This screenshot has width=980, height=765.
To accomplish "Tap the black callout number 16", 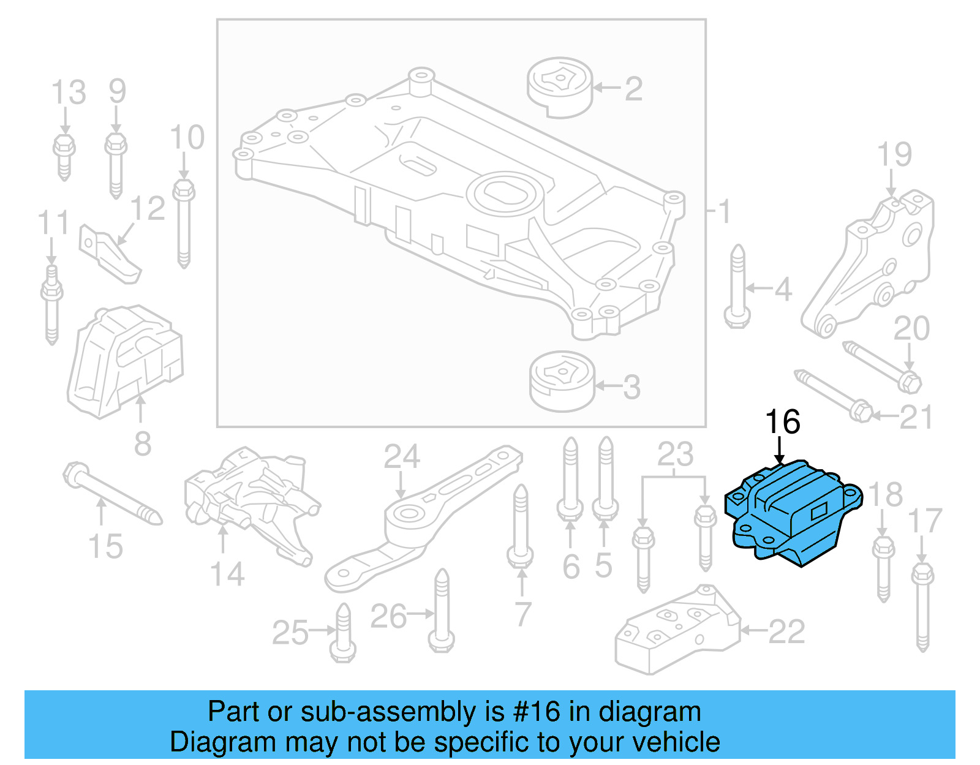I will pos(782,422).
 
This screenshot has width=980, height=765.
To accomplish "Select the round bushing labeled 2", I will pos(560,88).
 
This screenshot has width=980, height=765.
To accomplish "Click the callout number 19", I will pos(894,154).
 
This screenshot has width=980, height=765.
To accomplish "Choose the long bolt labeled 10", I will pos(183,223).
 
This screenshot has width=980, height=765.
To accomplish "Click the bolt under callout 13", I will pos(64,156).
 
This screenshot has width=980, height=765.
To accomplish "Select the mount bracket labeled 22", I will pos(677,631).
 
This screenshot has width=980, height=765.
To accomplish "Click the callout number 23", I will pos(675,454).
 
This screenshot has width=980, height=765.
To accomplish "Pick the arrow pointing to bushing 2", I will pos(607,88).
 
